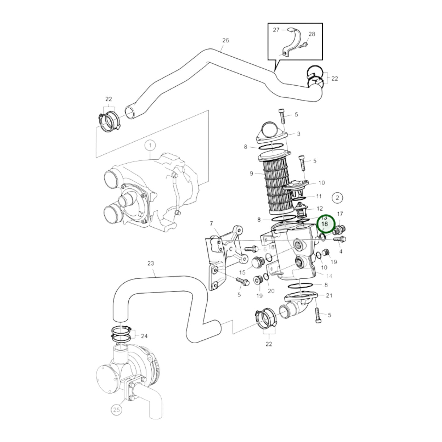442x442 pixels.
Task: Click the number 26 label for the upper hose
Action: pyautogui.click(x=225, y=40)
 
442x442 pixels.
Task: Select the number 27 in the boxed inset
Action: pyautogui.click(x=276, y=30)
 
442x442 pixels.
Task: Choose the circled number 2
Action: pyautogui.click(x=337, y=198)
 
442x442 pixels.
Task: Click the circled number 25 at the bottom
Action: pyautogui.click(x=117, y=410)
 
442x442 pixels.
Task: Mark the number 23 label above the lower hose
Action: pyautogui.click(x=151, y=263)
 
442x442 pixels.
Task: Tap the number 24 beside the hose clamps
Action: pyautogui.click(x=144, y=336)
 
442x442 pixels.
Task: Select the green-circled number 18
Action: pyautogui.click(x=325, y=224)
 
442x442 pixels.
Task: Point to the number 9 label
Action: pyautogui.click(x=251, y=173)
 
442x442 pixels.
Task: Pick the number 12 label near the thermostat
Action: pyautogui.click(x=320, y=209)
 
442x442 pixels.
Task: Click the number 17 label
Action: pyautogui.click(x=340, y=214)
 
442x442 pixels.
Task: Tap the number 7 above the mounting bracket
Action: pyautogui.click(x=211, y=224)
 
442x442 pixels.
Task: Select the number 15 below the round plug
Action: pyautogui.click(x=242, y=272)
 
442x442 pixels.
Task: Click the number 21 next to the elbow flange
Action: pyautogui.click(x=329, y=295)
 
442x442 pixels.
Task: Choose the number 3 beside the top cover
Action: pyautogui.click(x=298, y=134)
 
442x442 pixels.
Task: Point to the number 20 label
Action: pyautogui.click(x=271, y=291)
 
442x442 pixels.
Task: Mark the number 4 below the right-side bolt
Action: pyautogui.click(x=341, y=251)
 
